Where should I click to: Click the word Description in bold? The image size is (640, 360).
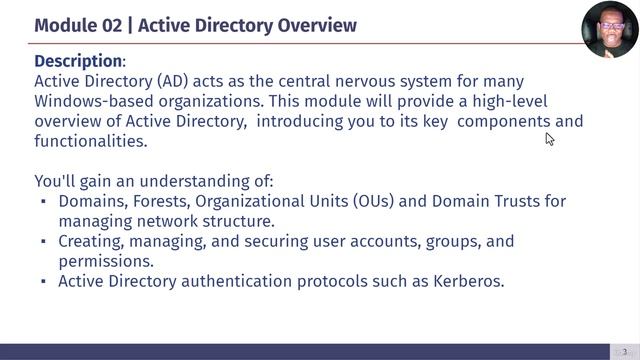78,61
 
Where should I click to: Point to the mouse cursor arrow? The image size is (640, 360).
550,139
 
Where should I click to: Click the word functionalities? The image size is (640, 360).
90,141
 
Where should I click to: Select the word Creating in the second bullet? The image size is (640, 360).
90,241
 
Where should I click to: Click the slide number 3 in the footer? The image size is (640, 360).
624,351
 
